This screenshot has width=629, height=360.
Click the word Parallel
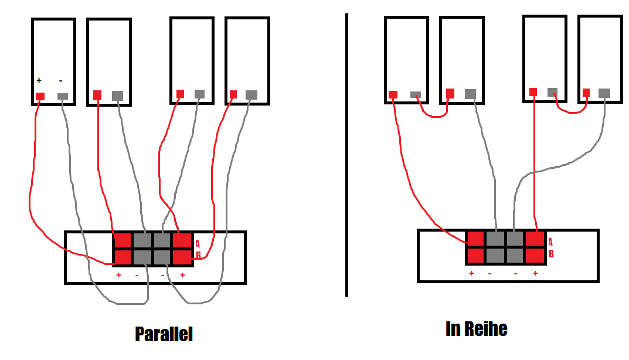(164, 334)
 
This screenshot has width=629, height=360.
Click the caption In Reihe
(476, 329)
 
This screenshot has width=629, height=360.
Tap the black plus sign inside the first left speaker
(39, 80)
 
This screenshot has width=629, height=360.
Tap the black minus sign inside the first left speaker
(61, 80)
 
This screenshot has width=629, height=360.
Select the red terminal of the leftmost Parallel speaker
(40, 97)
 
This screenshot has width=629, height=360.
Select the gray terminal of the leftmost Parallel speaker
(63, 96)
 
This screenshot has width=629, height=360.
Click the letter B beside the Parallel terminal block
(198, 256)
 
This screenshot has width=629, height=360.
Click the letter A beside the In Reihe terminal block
(550, 242)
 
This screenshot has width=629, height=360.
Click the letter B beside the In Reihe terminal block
(550, 254)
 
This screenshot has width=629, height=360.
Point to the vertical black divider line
(346, 155)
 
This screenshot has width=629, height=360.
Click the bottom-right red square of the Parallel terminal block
(182, 257)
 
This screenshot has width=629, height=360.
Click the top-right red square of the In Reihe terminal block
(535, 239)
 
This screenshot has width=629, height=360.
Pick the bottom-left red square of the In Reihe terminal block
(475, 255)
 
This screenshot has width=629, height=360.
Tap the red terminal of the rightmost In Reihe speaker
(586, 93)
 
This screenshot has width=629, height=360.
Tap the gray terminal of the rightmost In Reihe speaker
(604, 93)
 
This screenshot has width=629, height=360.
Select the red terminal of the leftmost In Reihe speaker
(393, 94)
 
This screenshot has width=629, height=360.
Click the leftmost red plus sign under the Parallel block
(118, 275)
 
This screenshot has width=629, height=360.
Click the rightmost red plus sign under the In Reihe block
(535, 273)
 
